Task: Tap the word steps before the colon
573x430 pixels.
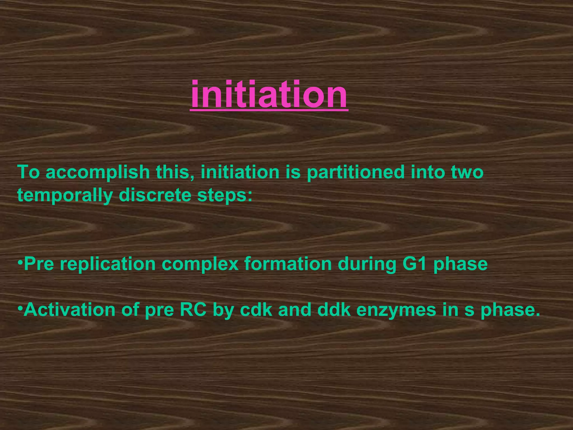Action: pos(221,195)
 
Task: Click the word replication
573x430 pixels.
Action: pos(108,264)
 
